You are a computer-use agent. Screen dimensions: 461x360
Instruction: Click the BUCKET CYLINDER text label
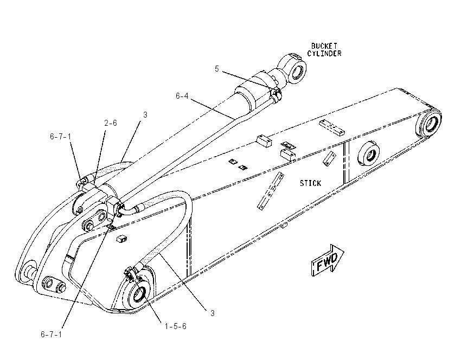click(x=324, y=50)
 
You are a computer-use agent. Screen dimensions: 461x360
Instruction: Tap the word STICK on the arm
click(x=310, y=183)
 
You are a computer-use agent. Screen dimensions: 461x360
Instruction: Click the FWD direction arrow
click(x=328, y=260)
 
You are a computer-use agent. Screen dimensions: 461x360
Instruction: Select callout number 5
click(x=217, y=69)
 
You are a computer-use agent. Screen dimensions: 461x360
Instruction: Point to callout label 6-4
click(x=182, y=96)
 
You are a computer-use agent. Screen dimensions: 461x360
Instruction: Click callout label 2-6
click(x=111, y=123)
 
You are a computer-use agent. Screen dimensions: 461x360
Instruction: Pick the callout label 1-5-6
click(x=175, y=326)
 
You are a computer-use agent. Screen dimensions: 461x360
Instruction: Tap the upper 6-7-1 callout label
click(x=60, y=137)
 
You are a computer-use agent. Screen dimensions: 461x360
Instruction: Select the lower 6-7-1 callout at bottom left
click(x=52, y=334)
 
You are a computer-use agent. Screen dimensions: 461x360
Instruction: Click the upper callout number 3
click(x=145, y=114)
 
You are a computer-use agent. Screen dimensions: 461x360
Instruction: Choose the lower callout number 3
click(x=212, y=313)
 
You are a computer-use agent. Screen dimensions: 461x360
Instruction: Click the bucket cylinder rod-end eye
click(x=294, y=68)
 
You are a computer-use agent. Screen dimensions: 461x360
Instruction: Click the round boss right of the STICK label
click(x=369, y=155)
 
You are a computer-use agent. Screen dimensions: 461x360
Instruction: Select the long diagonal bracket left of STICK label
click(x=271, y=191)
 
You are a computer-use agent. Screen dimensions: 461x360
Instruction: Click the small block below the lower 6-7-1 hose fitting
click(x=121, y=239)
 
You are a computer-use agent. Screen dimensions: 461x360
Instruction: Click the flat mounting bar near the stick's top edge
click(x=331, y=127)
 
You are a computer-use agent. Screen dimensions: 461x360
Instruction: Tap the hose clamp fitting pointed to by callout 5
click(x=276, y=94)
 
